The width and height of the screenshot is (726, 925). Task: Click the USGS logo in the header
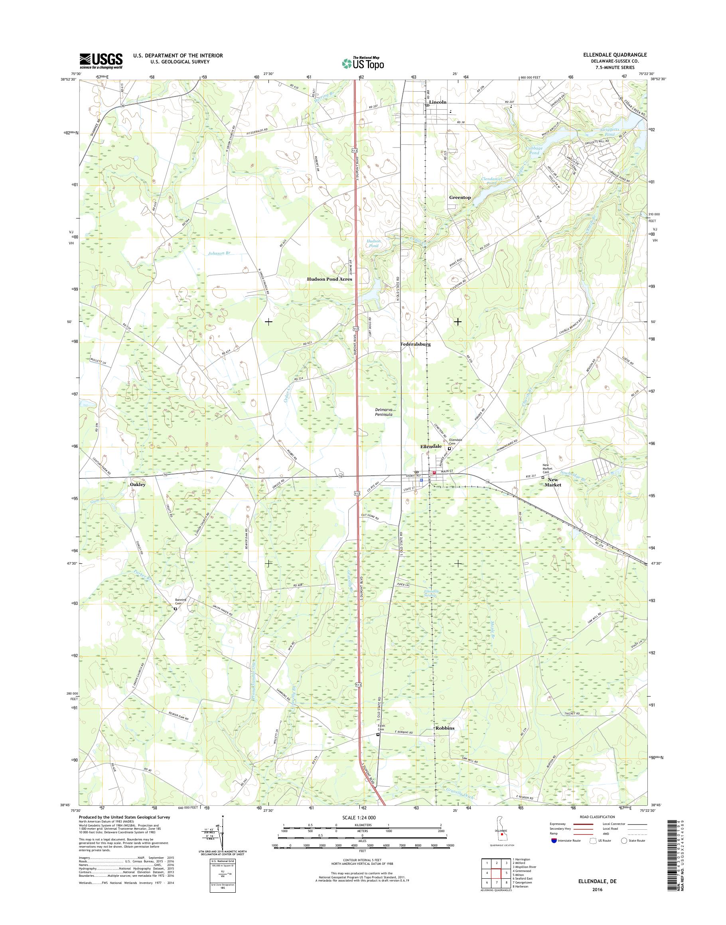pos(101,61)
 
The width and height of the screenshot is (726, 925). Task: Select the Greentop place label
pos(460,198)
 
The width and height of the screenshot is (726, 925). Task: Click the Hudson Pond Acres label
pos(329,279)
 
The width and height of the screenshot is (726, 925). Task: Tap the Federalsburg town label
pos(415,344)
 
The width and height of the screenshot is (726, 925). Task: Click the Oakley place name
pos(138,484)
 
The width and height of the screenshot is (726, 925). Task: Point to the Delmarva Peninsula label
pos(383,411)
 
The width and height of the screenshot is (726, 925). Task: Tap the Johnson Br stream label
pos(219,253)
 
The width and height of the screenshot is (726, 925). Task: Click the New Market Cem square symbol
pos(543,478)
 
